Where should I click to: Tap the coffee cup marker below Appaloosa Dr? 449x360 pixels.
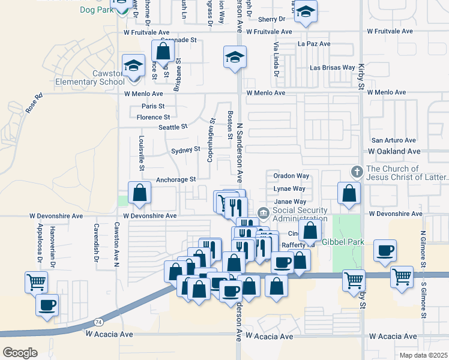(47, 305)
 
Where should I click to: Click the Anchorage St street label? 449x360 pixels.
(176, 179)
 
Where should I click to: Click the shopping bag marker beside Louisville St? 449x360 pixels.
(139, 193)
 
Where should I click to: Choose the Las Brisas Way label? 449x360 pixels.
(332, 68)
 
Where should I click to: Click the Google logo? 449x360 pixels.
(19, 353)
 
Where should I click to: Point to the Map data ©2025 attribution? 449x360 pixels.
(423, 355)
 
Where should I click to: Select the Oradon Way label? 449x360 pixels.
(291, 176)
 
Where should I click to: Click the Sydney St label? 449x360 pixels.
(185, 149)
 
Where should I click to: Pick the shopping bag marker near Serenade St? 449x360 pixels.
(163, 52)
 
